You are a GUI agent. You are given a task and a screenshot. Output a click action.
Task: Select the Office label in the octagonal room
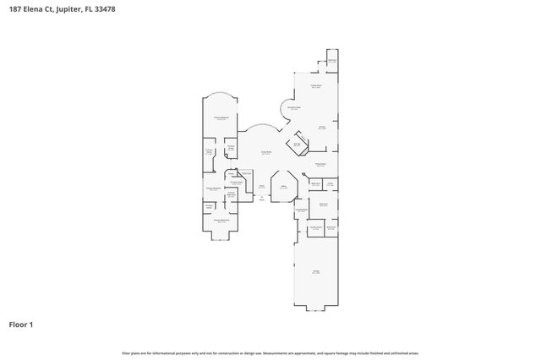pyautogui.click(x=284, y=187)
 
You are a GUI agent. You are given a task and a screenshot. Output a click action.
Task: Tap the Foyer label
pyautogui.click(x=262, y=187)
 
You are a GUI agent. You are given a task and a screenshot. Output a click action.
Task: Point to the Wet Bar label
pyautogui.click(x=297, y=145)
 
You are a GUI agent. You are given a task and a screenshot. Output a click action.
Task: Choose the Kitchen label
pyautogui.click(x=322, y=128)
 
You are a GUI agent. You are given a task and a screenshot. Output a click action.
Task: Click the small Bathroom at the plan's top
pyautogui.click(x=332, y=61)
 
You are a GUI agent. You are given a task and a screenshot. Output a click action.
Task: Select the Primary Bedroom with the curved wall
pyautogui.click(x=221, y=118)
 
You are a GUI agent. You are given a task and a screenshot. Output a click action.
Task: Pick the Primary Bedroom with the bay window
pyautogui.click(x=221, y=220)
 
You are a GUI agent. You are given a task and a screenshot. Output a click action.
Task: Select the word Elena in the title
pyautogui.click(x=35, y=10)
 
